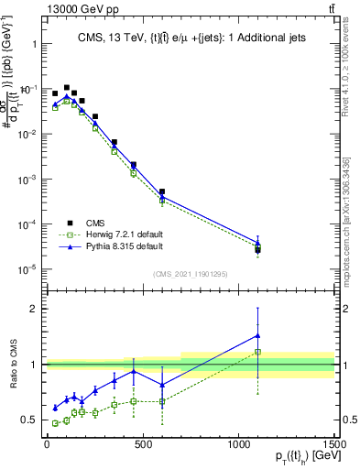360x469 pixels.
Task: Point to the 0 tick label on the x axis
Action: [x=47, y=443]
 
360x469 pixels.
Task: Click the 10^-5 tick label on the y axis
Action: [x=25, y=269]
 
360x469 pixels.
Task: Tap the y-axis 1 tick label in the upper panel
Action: [x=33, y=44]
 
